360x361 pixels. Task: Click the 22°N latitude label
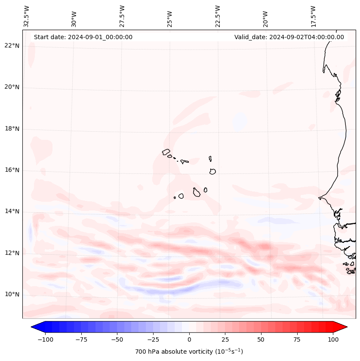[x=12, y=46]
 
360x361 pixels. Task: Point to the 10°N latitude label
[x=12, y=295]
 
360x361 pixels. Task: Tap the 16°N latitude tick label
[x=12, y=170]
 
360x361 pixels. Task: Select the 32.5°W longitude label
[x=27, y=15]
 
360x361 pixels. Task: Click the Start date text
[x=83, y=37]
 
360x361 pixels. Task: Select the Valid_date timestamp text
[x=289, y=37]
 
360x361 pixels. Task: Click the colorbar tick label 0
[x=189, y=339]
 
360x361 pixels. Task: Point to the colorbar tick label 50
[x=261, y=339]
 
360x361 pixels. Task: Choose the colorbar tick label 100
[x=333, y=339]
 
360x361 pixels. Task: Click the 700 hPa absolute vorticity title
[x=189, y=352]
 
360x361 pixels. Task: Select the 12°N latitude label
[x=12, y=253]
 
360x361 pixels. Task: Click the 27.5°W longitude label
[x=122, y=15]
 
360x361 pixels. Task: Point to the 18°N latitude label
[x=12, y=129]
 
